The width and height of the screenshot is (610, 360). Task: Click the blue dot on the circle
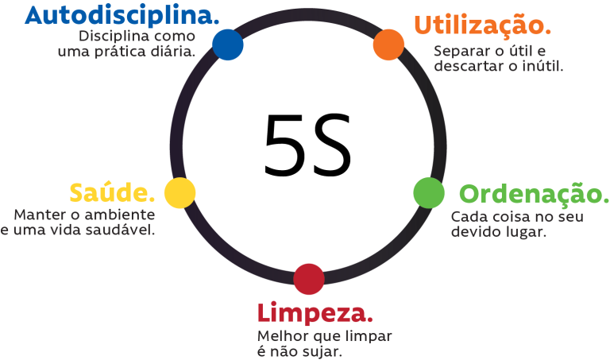pyautogui.click(x=228, y=45)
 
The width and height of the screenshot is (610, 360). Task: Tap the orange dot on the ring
pyautogui.click(x=388, y=45)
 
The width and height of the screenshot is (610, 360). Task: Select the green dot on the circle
pyautogui.click(x=429, y=193)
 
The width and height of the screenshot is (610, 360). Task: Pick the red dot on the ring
pyautogui.click(x=309, y=279)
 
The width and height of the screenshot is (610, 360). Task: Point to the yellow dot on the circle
pyautogui.click(x=180, y=193)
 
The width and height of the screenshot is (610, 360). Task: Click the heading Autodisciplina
pyautogui.click(x=122, y=17)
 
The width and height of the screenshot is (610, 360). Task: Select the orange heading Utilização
pyautogui.click(x=483, y=25)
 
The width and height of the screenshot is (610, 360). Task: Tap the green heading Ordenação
pyautogui.click(x=534, y=194)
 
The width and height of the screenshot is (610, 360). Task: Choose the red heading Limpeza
pyautogui.click(x=315, y=314)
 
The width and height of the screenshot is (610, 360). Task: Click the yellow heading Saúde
pyautogui.click(x=113, y=192)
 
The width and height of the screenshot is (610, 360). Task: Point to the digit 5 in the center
pyautogui.click(x=284, y=145)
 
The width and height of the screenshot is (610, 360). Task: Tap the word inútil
pyautogui.click(x=542, y=66)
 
